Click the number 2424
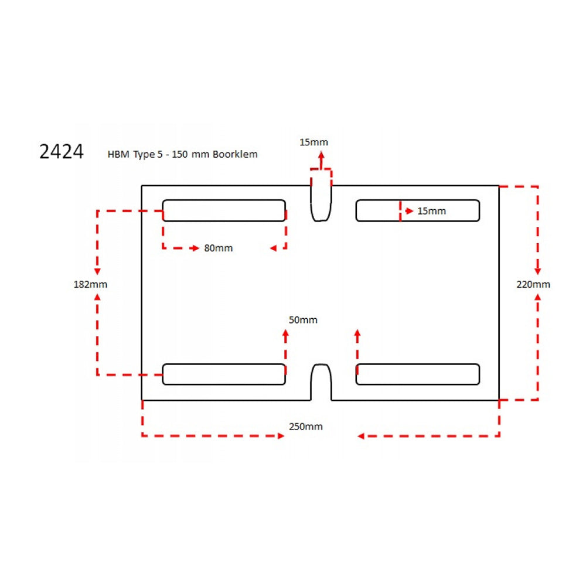point(62,152)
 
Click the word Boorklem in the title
point(236,155)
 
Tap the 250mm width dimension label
point(305,427)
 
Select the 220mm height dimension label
point(533,284)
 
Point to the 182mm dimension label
point(90,284)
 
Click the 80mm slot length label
point(218,248)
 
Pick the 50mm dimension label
point(303,320)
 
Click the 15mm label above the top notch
point(314,142)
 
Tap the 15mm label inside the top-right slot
point(431,211)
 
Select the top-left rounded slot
point(224,210)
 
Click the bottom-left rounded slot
point(224,374)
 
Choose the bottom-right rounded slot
point(418,374)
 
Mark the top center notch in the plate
point(321,203)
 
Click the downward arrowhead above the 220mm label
point(538,271)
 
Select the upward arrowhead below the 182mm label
point(97,297)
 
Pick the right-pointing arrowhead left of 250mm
point(280,435)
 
